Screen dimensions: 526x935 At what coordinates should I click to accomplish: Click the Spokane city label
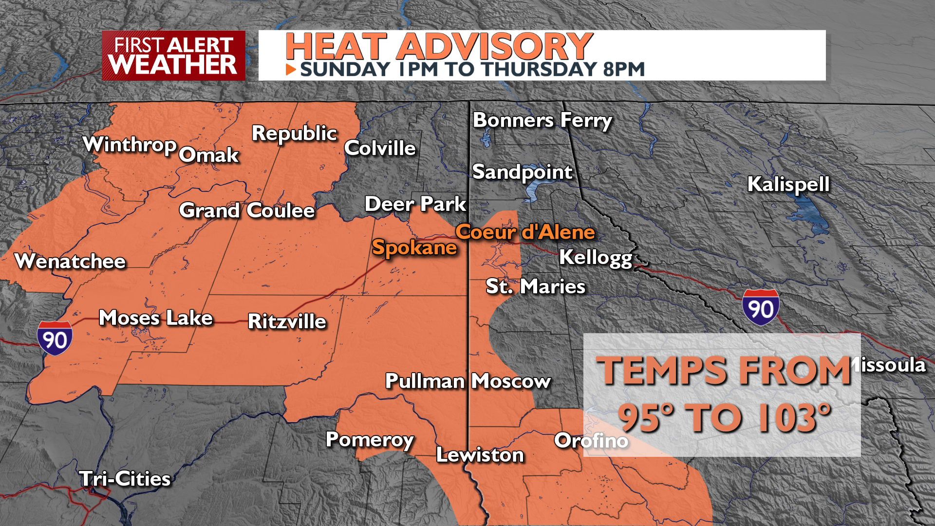click(x=414, y=248)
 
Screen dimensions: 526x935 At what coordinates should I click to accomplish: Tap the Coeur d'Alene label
click(x=525, y=232)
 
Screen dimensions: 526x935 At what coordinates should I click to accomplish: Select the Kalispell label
click(x=788, y=185)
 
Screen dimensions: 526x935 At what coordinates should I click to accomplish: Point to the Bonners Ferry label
click(x=542, y=120)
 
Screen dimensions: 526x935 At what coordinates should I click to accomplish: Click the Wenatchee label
click(x=70, y=262)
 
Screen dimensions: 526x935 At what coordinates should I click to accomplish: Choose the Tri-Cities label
click(x=125, y=479)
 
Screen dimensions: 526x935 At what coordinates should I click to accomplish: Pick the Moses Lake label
click(x=156, y=318)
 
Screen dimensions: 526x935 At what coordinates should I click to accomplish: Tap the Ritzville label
click(x=287, y=321)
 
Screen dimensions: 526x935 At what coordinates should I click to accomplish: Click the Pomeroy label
click(x=370, y=440)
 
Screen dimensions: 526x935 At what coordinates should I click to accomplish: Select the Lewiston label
click(x=480, y=455)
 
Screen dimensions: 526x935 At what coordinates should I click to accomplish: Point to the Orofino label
click(x=591, y=441)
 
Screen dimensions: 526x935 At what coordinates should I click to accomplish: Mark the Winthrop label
click(x=130, y=145)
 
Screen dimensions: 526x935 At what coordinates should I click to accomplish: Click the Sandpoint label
click(x=522, y=172)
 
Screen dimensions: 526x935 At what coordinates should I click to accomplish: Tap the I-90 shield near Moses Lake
click(x=55, y=338)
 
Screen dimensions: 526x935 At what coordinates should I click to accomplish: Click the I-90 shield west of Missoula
click(x=760, y=307)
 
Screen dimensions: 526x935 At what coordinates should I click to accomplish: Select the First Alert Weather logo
click(x=173, y=56)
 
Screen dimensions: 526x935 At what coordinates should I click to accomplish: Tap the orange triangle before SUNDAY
click(x=291, y=70)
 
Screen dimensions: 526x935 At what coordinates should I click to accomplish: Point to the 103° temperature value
click(x=794, y=418)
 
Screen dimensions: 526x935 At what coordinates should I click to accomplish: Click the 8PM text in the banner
click(x=624, y=70)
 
